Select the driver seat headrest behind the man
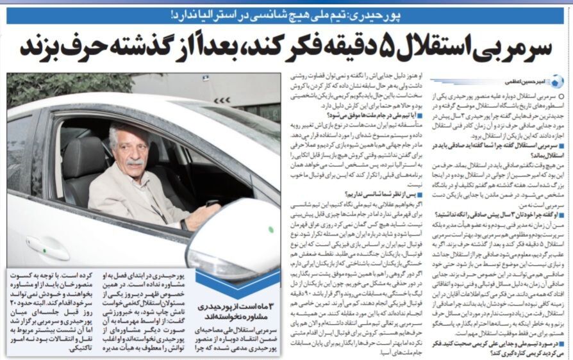[x=81, y=160]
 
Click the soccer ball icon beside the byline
[x=556, y=81]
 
